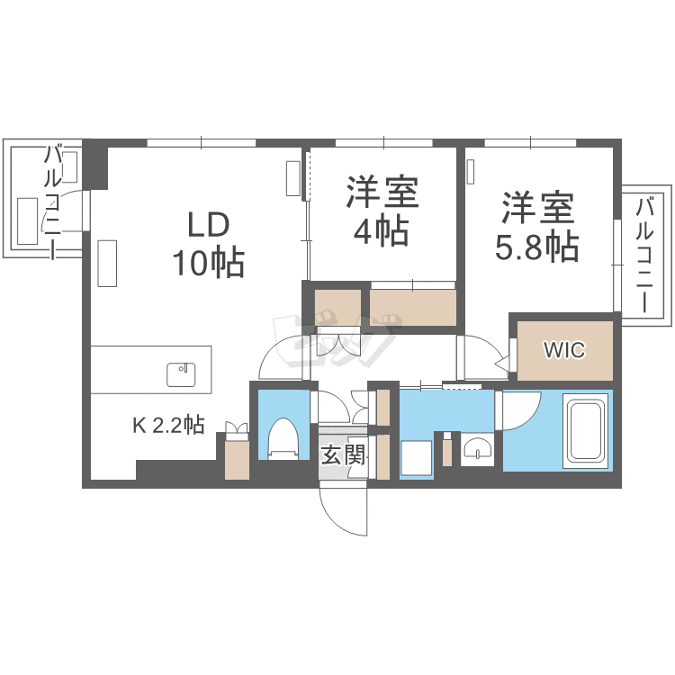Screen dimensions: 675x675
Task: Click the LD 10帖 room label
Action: coord(209,244)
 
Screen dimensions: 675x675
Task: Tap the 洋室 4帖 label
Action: coord(382,211)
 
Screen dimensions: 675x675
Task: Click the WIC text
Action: coord(564,350)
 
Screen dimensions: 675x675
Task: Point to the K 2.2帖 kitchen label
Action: coord(168,426)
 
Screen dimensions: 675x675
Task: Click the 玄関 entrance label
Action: coord(343,454)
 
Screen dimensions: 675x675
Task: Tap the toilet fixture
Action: coord(283,437)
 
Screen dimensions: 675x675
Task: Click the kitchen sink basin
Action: coord(181,374)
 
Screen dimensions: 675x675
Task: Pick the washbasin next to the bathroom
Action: coord(477,447)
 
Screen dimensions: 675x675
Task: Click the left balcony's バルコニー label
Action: coord(53,203)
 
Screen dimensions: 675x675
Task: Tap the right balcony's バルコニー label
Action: coord(645,255)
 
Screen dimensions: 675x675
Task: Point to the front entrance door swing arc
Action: coord(335,518)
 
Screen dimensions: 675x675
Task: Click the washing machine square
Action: coord(417,458)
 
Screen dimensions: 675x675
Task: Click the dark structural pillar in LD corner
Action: coord(95,165)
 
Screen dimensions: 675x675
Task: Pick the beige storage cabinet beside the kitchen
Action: coord(238,460)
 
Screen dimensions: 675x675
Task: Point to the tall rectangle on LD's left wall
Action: coord(107,263)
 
